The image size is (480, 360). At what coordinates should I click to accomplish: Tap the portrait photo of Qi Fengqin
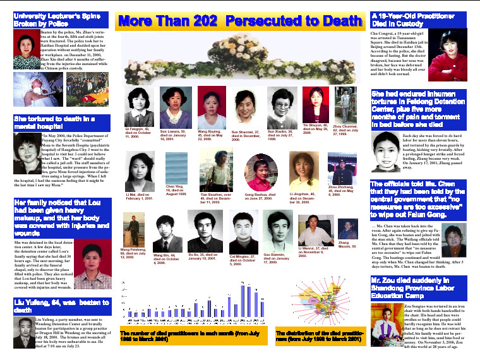point(140,107)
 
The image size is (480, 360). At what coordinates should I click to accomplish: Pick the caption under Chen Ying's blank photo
point(176,189)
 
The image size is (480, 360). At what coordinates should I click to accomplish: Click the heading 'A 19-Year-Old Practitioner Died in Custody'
point(417,20)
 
